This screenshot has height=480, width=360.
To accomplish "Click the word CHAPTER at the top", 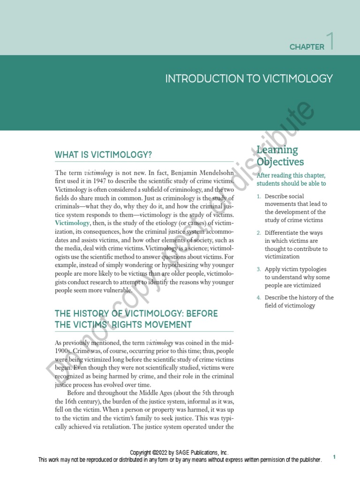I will tap(307, 47).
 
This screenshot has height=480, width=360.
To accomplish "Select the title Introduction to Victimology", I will tap(249, 79).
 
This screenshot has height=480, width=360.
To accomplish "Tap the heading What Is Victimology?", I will tap(104, 155).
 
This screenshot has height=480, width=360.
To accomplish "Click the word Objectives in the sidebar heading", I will tap(280, 162).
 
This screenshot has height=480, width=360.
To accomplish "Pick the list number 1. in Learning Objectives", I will tap(259, 196).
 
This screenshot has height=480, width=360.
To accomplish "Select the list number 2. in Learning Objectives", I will tap(259, 233).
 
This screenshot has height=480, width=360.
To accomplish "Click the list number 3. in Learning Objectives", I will tap(259, 270).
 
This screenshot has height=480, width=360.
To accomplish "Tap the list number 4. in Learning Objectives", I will tap(259, 298).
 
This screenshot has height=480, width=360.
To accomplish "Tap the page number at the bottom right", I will tap(335, 457).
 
